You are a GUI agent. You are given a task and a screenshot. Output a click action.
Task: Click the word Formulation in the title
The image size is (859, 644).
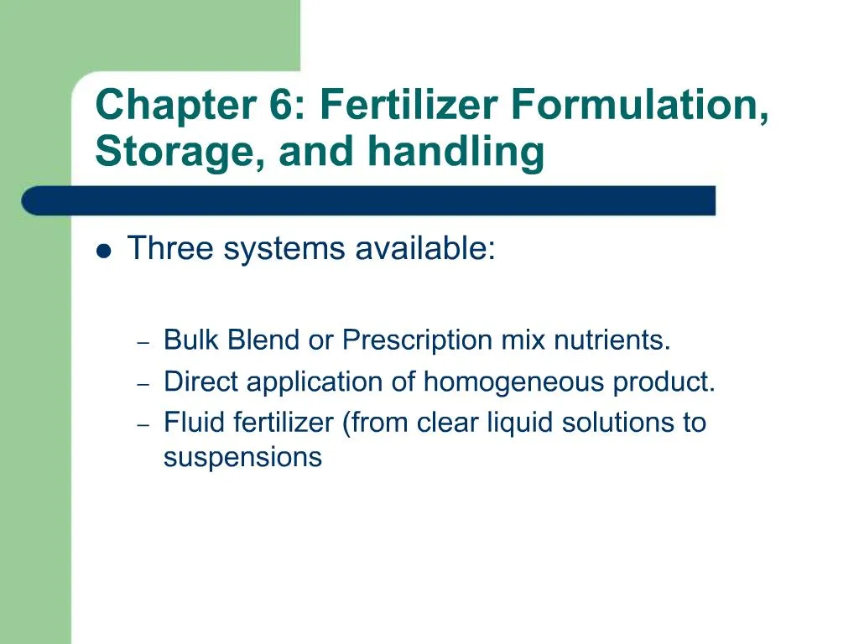[x=638, y=107]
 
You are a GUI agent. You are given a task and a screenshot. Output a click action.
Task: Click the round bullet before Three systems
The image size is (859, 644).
[x=104, y=251]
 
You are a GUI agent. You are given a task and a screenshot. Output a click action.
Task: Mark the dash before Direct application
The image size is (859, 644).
[x=143, y=383]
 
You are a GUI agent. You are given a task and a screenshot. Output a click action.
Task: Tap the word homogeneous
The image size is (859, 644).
[x=514, y=382]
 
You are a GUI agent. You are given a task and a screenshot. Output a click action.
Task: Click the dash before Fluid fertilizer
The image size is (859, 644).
[x=143, y=424]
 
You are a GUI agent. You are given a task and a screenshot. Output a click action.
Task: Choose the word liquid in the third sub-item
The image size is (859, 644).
[x=521, y=423]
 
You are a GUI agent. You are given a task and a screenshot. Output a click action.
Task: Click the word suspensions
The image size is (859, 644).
[x=242, y=458]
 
